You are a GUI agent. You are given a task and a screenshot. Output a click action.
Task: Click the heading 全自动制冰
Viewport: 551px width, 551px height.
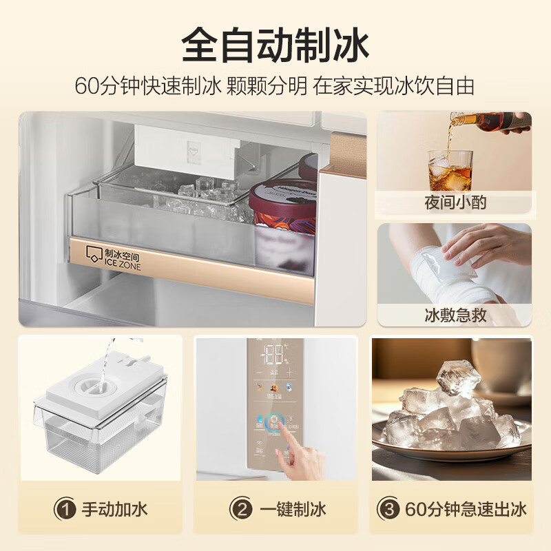tap(275, 46)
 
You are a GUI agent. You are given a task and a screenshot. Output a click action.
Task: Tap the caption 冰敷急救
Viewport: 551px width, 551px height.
tap(454, 315)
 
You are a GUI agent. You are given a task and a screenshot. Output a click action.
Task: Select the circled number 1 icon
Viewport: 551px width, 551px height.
tap(65, 510)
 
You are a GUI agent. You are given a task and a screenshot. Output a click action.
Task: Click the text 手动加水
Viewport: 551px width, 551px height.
tap(114, 510)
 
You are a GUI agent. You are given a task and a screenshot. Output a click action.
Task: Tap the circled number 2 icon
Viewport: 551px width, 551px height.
tap(242, 510)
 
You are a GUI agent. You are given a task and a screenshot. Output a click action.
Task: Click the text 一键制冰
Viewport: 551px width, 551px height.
tap(292, 510)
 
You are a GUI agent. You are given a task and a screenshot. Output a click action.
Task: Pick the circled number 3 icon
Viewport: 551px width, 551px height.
tap(388, 510)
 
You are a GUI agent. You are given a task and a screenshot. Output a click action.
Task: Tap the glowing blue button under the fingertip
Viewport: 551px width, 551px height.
tap(276, 420)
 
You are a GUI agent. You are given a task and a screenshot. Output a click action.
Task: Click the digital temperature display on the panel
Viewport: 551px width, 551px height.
tap(275, 355)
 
